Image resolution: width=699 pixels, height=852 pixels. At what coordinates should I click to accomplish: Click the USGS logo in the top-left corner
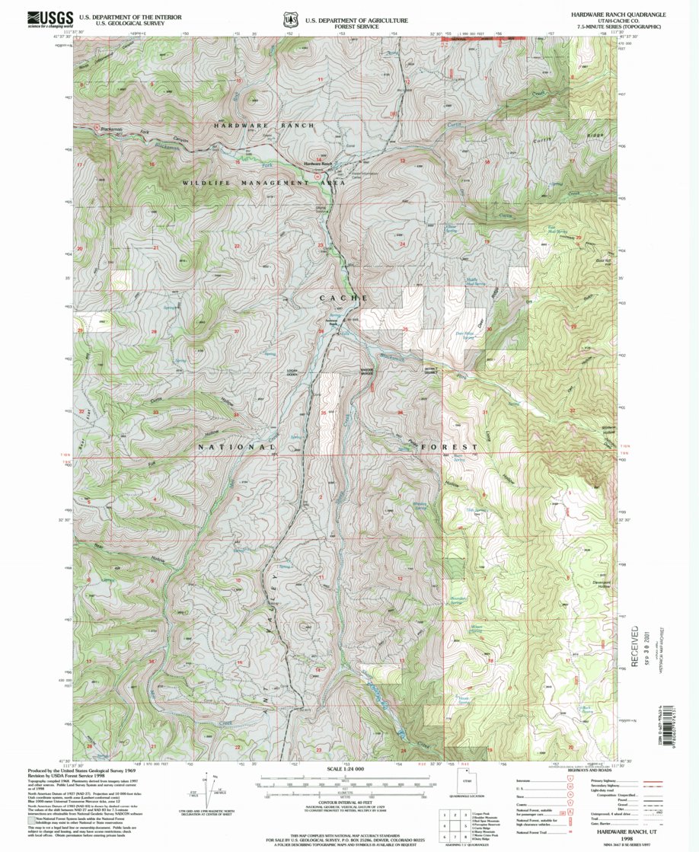click(49, 19)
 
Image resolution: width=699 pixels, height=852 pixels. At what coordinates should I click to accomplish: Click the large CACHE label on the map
click(343, 298)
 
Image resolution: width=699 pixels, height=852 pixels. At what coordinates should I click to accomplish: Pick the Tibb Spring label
click(475, 511)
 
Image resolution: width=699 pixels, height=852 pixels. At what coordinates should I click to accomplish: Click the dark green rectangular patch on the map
click(454, 567)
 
